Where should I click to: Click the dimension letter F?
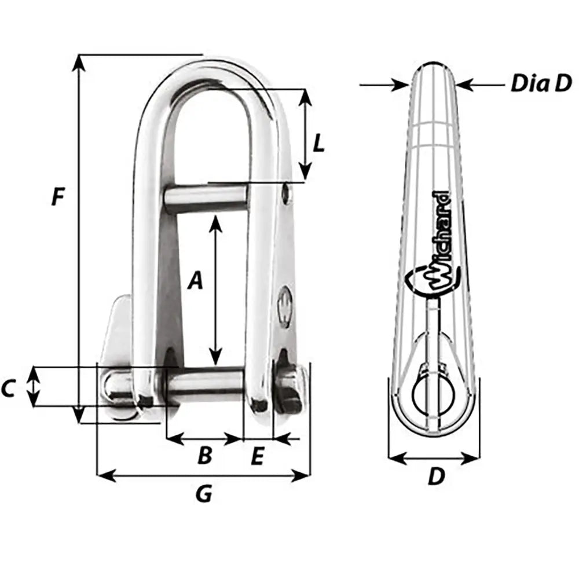[x=57, y=197]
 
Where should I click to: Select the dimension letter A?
[x=196, y=281]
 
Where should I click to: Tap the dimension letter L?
[x=318, y=143]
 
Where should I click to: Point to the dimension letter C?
[x=8, y=390]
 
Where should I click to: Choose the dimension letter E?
[x=258, y=457]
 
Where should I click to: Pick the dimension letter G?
[x=203, y=494]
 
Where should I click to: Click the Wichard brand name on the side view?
[x=439, y=237]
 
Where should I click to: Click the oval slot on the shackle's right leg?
[x=286, y=303]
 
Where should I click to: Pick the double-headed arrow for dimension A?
[x=215, y=289]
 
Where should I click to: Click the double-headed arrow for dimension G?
[x=203, y=476]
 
